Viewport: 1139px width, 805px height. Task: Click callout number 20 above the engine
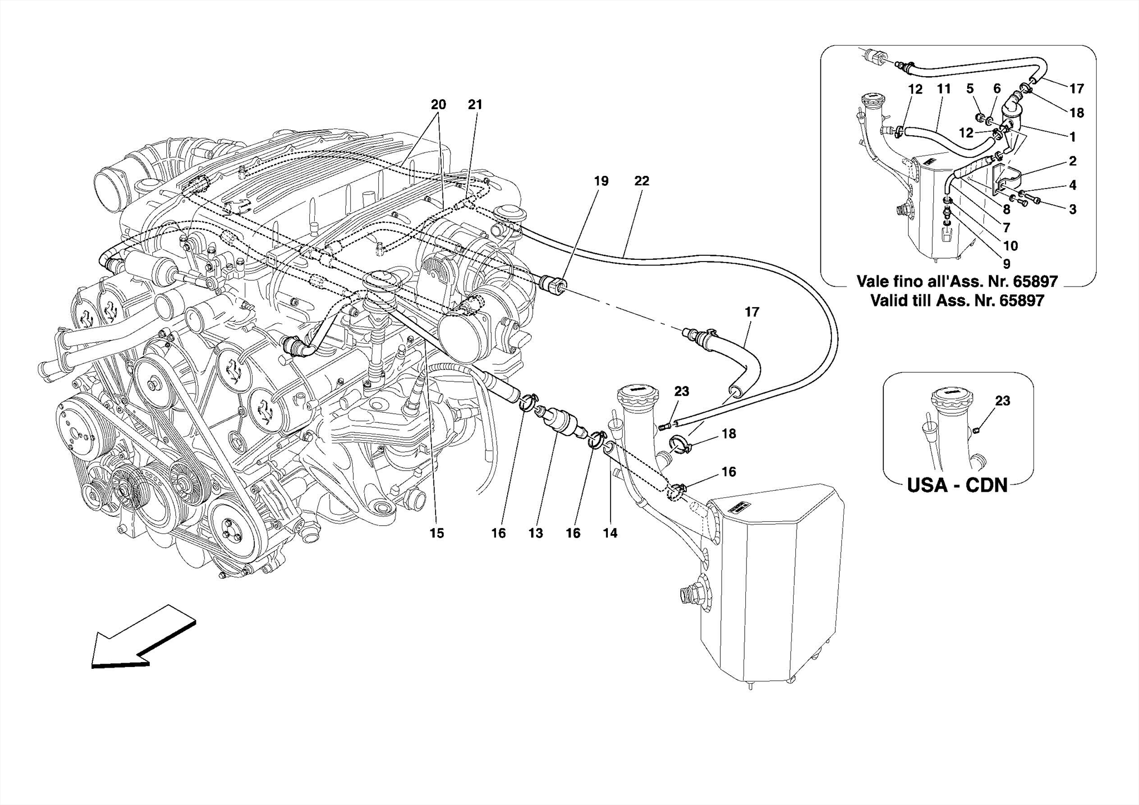pos(438,105)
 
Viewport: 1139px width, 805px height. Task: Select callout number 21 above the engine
pos(475,105)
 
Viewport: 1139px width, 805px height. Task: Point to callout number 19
pos(601,181)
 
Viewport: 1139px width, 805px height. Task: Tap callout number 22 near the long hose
pos(641,181)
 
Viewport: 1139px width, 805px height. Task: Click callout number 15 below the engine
pos(437,533)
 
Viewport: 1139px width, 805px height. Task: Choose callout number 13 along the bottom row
pos(536,533)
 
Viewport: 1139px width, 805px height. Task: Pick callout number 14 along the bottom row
pos(610,533)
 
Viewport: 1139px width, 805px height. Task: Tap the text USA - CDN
pos(957,485)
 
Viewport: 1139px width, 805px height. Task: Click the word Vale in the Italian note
pos(874,281)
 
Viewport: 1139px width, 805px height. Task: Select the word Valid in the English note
pos(888,301)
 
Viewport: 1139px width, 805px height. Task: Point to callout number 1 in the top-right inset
pos(1073,137)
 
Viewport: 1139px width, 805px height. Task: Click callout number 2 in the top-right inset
pos(1073,161)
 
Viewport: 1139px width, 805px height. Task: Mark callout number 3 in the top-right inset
pos(1073,209)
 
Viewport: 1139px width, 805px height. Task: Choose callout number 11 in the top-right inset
pos(944,89)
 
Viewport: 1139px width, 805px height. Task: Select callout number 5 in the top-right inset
pos(970,89)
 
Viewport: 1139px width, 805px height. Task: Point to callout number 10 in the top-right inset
pos(1011,246)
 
